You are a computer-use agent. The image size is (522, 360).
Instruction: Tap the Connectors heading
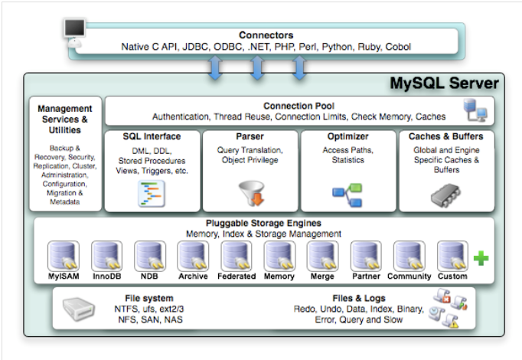(x=266, y=34)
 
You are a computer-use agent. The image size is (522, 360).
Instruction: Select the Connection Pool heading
(x=293, y=105)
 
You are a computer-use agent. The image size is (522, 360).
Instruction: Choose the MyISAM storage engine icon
(x=64, y=256)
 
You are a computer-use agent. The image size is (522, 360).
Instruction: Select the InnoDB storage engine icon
(x=107, y=256)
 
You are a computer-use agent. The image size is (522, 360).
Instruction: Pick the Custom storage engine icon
(x=452, y=256)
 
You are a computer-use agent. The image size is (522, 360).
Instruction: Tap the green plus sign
(x=481, y=258)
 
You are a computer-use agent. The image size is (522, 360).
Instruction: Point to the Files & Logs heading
(x=361, y=297)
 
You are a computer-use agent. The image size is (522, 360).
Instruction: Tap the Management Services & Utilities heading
(x=64, y=119)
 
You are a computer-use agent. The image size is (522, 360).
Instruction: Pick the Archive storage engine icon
(x=193, y=256)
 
